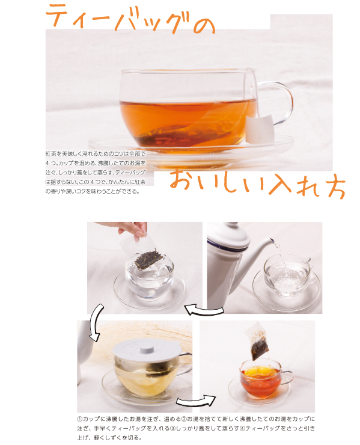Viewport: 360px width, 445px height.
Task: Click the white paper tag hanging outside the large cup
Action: click(x=260, y=129)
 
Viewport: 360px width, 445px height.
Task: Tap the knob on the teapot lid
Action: click(x=232, y=226)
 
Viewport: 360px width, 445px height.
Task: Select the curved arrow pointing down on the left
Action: click(x=95, y=322)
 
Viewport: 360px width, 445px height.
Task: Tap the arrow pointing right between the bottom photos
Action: click(x=196, y=401)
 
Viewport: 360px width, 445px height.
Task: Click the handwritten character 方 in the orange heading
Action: click(x=336, y=186)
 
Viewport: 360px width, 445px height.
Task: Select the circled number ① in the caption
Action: click(x=80, y=419)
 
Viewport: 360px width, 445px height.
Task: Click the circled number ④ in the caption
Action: click(x=243, y=428)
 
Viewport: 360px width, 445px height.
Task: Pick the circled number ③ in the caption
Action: click(x=172, y=428)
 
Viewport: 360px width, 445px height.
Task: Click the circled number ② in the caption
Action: click(x=183, y=419)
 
